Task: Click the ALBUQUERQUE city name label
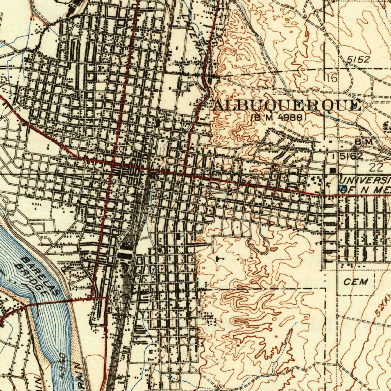(x=286, y=105)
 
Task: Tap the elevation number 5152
(x=359, y=60)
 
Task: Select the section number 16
(x=332, y=78)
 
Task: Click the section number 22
(x=376, y=166)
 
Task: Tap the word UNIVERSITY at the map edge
(x=365, y=180)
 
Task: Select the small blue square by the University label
(x=343, y=188)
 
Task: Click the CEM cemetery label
(x=356, y=282)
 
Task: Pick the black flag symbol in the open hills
(x=218, y=259)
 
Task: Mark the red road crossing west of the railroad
(x=113, y=163)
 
